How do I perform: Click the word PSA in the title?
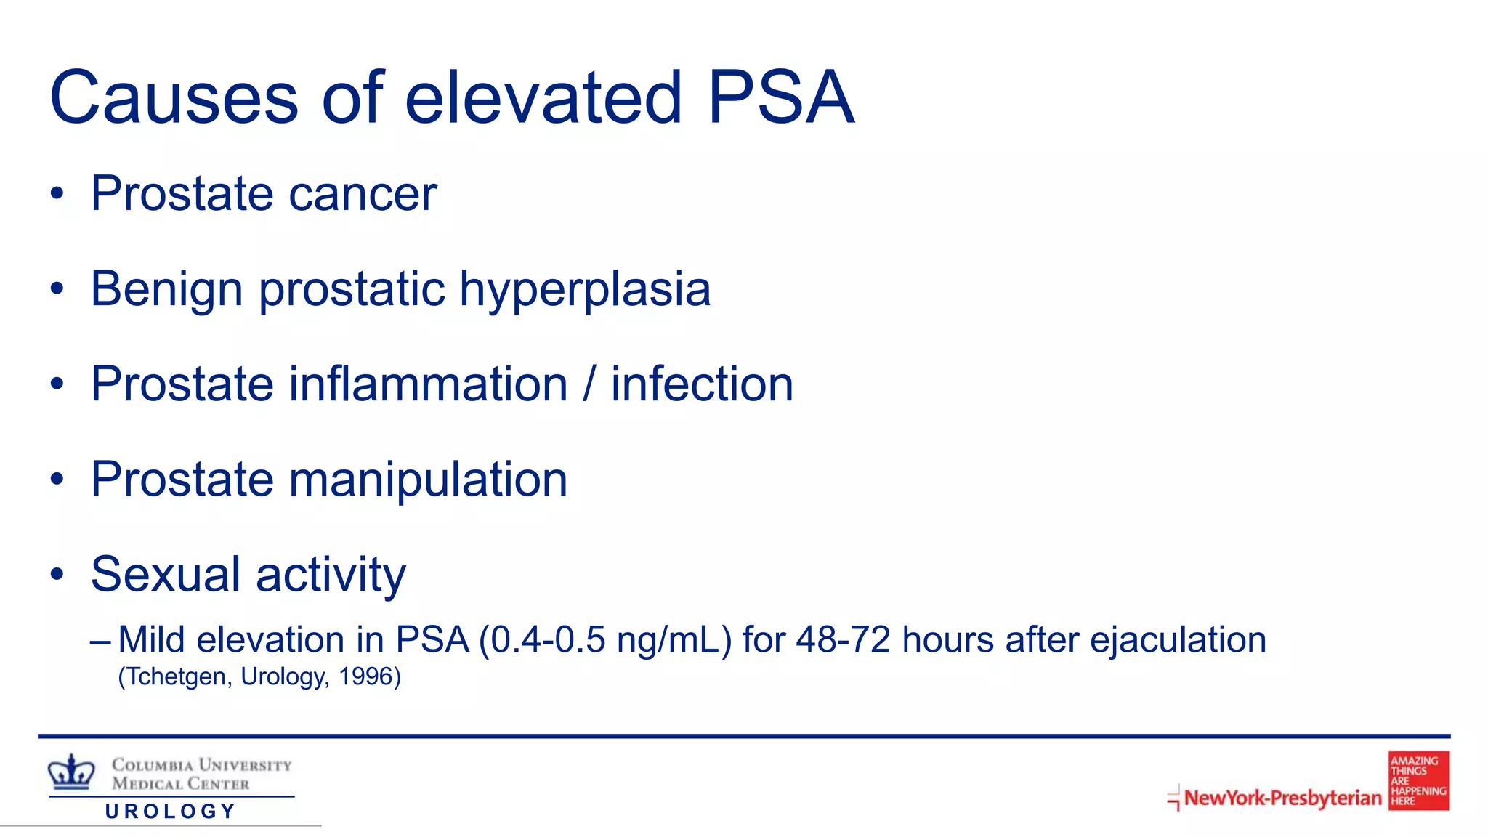tap(780, 97)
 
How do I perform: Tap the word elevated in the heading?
tap(543, 97)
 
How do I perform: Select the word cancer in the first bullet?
tap(363, 194)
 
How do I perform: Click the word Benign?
tap(166, 289)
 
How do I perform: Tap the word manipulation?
tap(428, 480)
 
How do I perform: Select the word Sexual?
tap(165, 574)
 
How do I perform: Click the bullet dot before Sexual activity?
tap(57, 575)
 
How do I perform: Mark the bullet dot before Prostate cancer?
tap(57, 195)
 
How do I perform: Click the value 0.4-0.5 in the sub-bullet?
tap(547, 640)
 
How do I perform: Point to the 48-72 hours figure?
tap(843, 640)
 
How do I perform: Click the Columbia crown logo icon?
tap(71, 772)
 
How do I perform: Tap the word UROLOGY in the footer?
tap(171, 812)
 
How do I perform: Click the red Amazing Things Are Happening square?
tap(1418, 781)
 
